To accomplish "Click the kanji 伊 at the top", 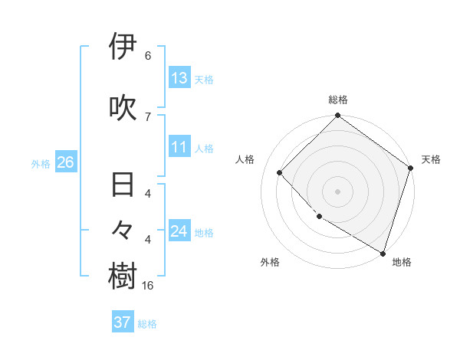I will pyautogui.click(x=123, y=47).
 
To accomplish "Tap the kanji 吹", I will pyautogui.click(x=123, y=108).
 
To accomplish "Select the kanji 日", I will pyautogui.click(x=123, y=186).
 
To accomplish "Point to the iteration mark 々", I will pyautogui.click(x=123, y=229).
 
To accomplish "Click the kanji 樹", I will pyautogui.click(x=123, y=277).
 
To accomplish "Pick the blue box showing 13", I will pyautogui.click(x=179, y=78).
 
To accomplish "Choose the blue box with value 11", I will pyautogui.click(x=179, y=148).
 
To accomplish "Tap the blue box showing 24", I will pyautogui.click(x=179, y=232).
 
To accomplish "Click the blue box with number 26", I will pyautogui.click(x=65, y=163).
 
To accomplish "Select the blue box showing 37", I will pyautogui.click(x=122, y=322).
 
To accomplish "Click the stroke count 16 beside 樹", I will pyautogui.click(x=148, y=286).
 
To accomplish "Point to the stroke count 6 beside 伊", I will pyautogui.click(x=148, y=56).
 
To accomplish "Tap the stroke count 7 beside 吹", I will pyautogui.click(x=148, y=116).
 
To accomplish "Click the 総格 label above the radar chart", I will pyautogui.click(x=338, y=100).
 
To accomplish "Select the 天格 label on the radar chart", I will pyautogui.click(x=431, y=159).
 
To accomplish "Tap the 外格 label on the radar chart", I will pyautogui.click(x=270, y=263).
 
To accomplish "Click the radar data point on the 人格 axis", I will pyautogui.click(x=280, y=173).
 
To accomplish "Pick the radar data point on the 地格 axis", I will pyautogui.click(x=383, y=253).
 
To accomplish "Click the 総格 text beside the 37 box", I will pyautogui.click(x=147, y=324).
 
